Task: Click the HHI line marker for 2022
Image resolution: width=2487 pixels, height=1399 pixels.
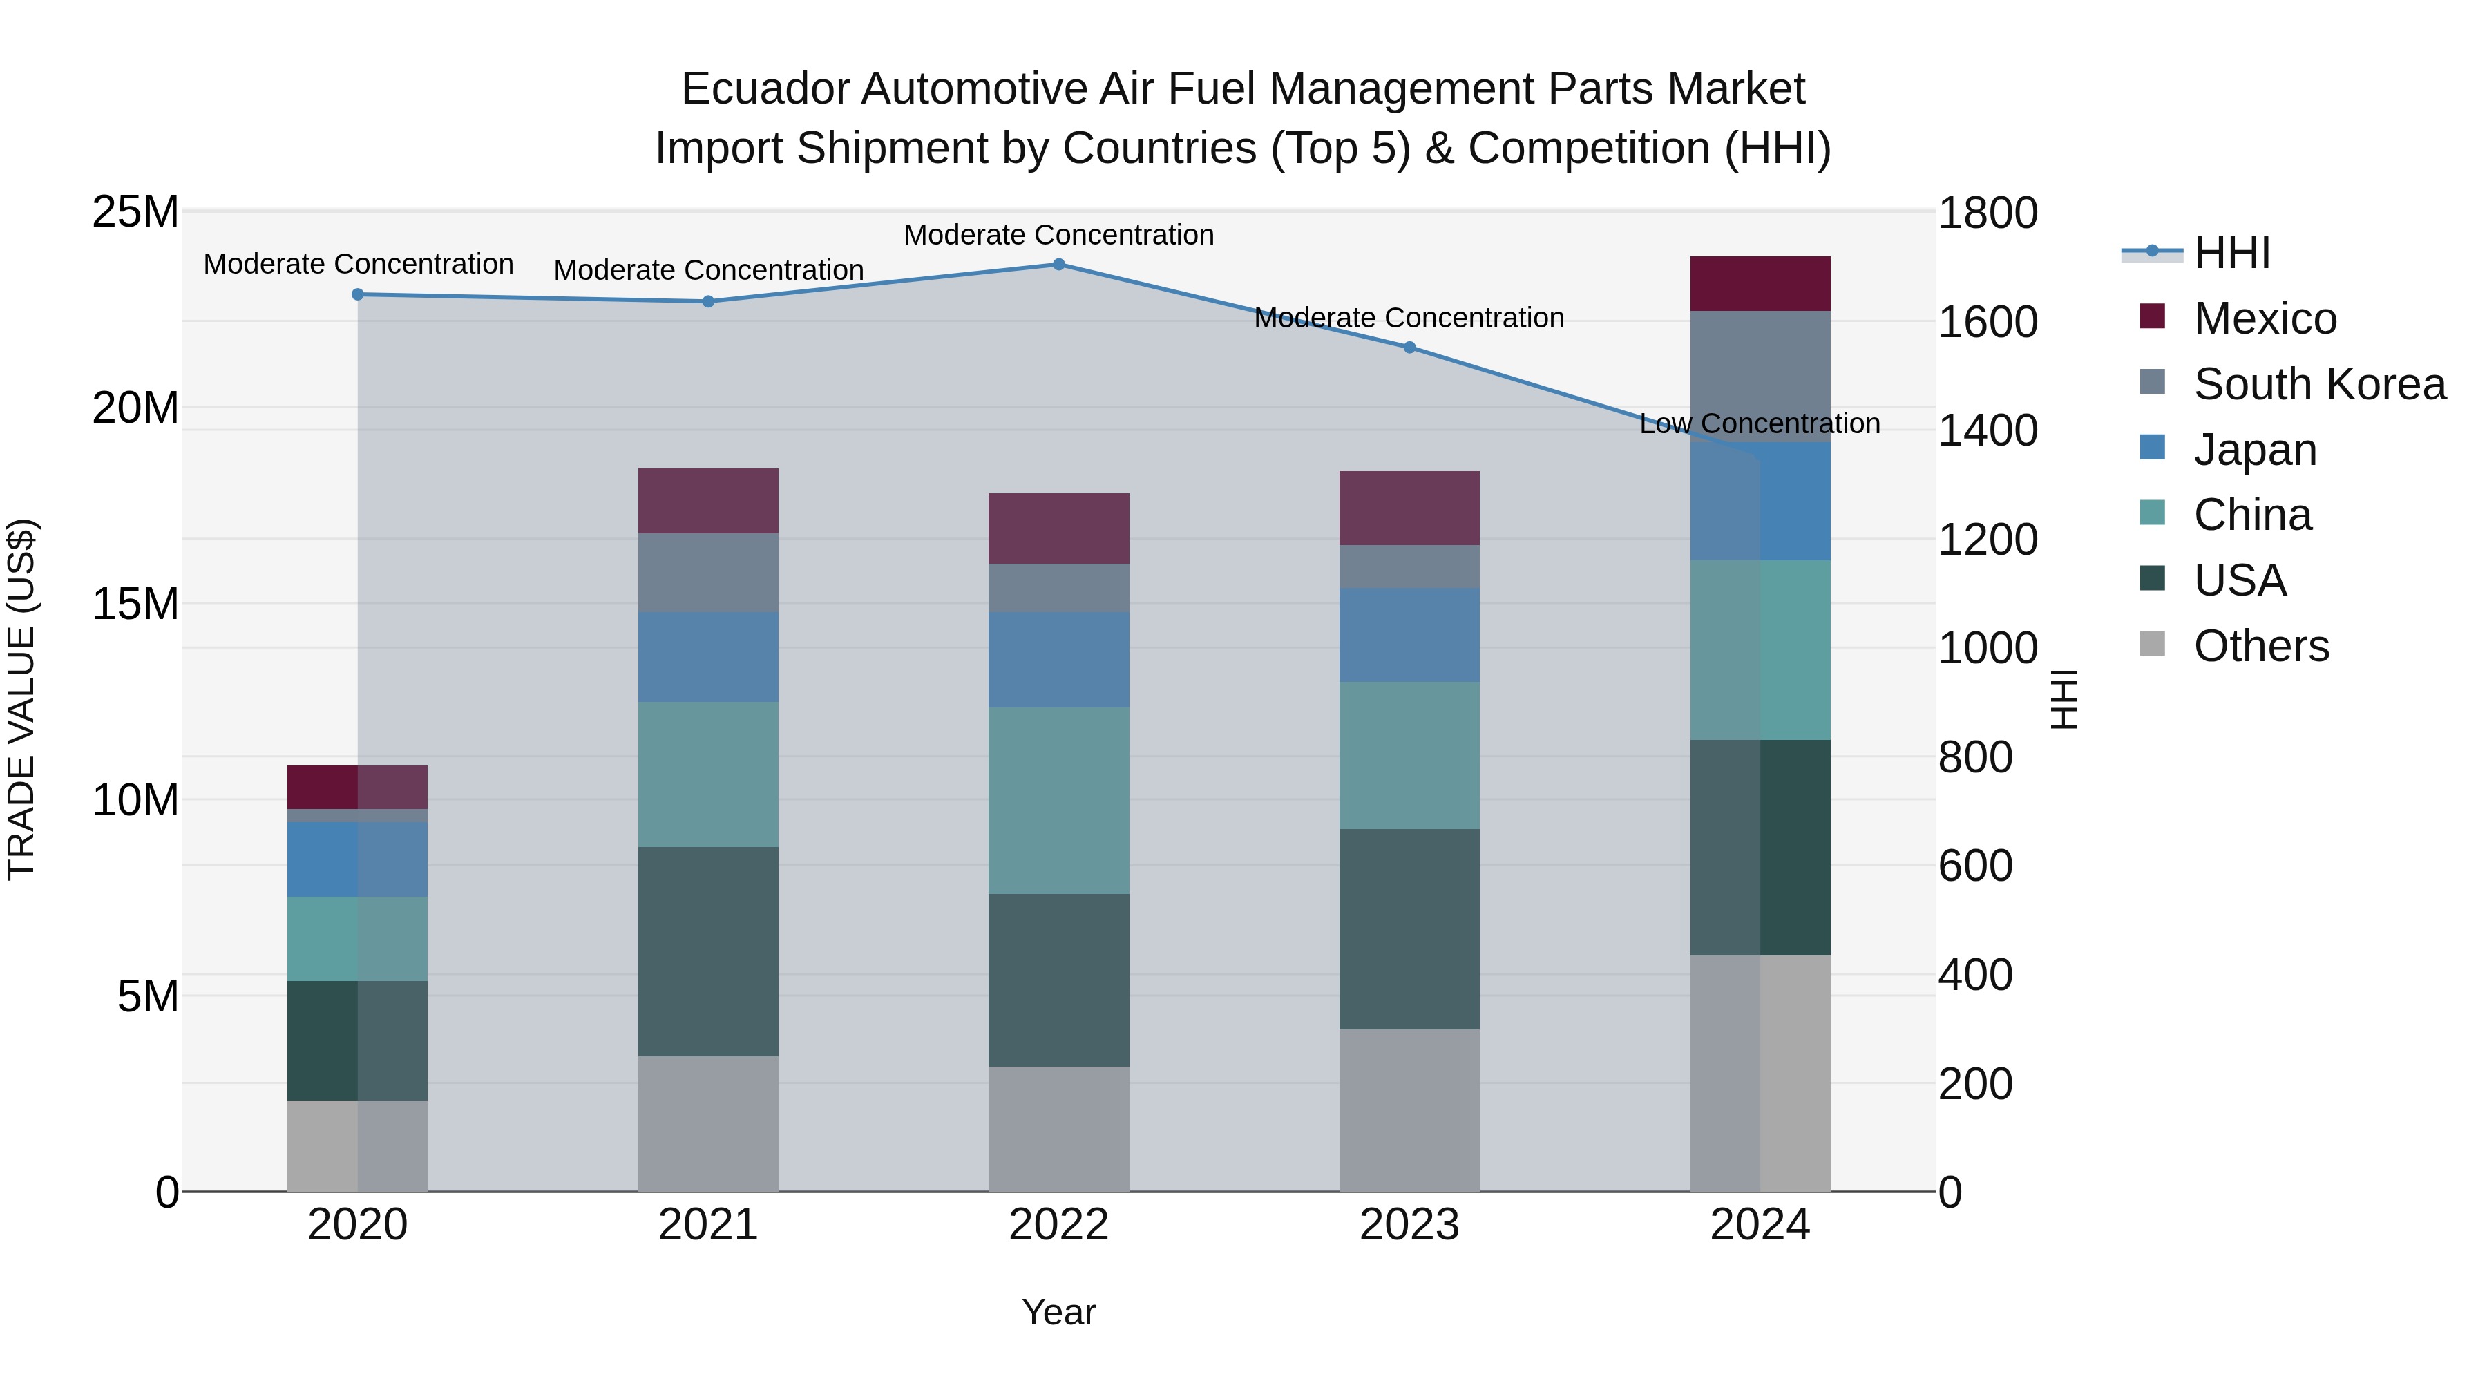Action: [x=1058, y=265]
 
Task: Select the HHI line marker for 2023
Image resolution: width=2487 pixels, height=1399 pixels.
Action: [x=1409, y=348]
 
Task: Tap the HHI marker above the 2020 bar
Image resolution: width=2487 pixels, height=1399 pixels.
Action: [x=357, y=294]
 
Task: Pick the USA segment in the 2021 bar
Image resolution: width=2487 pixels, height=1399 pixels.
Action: [x=707, y=951]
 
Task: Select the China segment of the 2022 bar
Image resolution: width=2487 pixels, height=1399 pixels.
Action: [x=1058, y=801]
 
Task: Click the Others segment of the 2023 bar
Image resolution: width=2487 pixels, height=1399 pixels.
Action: [x=1409, y=1110]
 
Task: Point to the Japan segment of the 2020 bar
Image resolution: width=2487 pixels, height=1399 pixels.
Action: [x=357, y=859]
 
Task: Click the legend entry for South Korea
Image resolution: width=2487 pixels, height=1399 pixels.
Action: [x=2319, y=384]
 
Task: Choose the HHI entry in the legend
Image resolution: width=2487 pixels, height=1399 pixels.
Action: [x=2232, y=253]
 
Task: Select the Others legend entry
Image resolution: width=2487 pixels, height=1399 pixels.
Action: [x=2261, y=646]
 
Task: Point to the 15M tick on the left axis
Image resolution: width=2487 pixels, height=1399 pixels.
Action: [x=135, y=605]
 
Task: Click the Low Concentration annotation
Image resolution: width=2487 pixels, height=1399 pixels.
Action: [x=1759, y=424]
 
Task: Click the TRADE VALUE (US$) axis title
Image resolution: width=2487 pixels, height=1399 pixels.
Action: [x=21, y=700]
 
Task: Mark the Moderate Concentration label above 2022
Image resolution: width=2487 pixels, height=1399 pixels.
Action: [x=1058, y=235]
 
